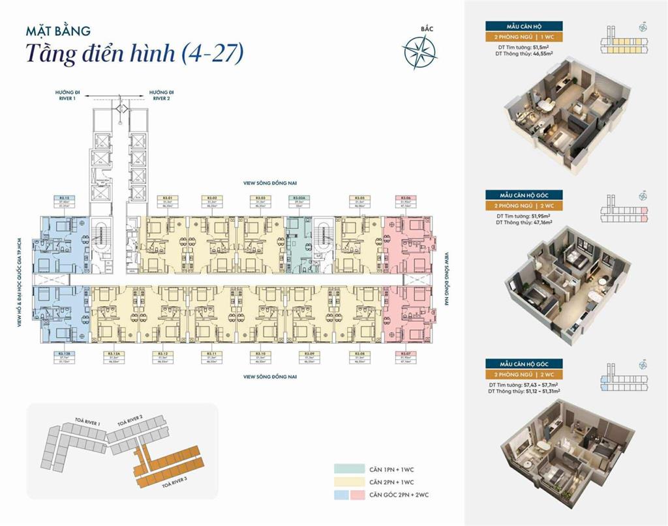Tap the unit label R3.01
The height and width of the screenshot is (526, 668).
pyautogui.click(x=168, y=197)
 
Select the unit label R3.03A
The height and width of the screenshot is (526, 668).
pyautogui.click(x=299, y=197)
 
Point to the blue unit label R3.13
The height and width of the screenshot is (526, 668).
pyautogui.click(x=65, y=197)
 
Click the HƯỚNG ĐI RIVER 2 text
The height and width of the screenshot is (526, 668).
pyautogui.click(x=159, y=96)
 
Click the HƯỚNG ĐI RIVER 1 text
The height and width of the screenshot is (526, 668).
pyautogui.click(x=65, y=96)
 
